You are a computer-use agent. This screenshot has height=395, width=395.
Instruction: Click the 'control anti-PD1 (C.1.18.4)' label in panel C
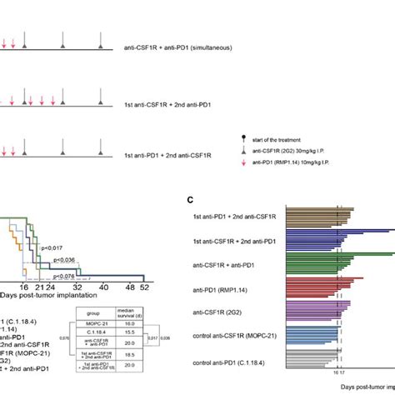pos(234,363)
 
